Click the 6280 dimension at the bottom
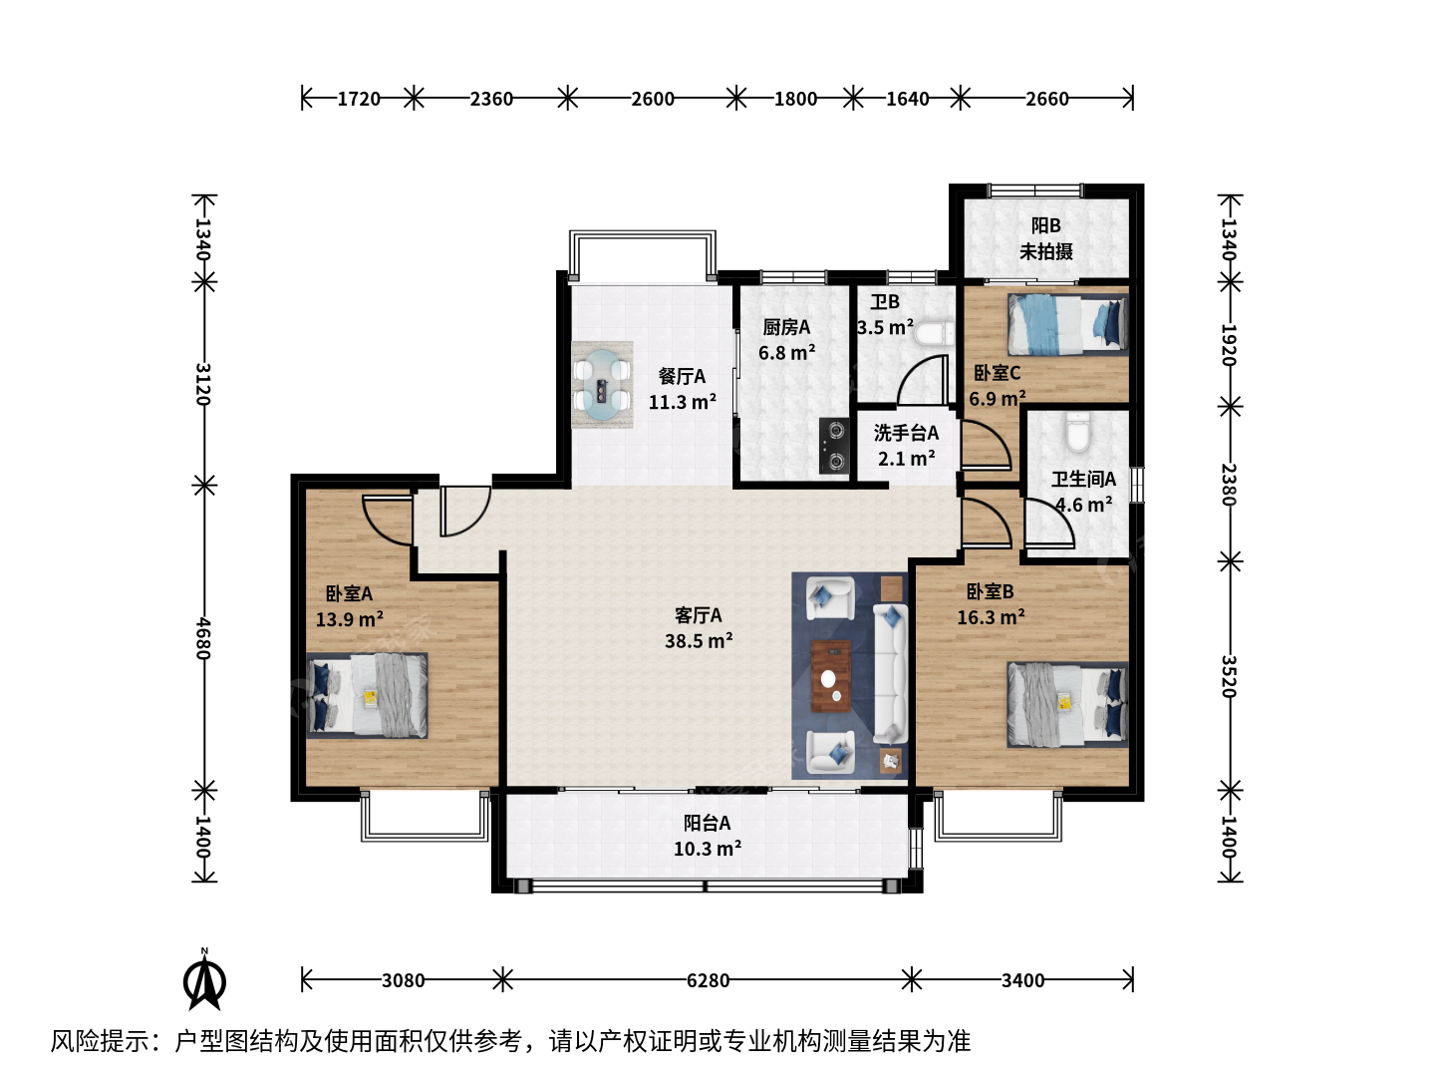click(x=708, y=980)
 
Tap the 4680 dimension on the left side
click(x=204, y=638)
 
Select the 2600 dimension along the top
click(x=653, y=99)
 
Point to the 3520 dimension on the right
click(x=1229, y=676)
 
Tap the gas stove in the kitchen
click(x=834, y=446)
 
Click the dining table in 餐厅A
click(x=602, y=385)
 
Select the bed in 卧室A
click(x=368, y=695)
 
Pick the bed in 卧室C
click(x=1068, y=324)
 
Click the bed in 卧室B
click(x=1068, y=704)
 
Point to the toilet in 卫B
click(x=934, y=333)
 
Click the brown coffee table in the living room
click(x=830, y=676)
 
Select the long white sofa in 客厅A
click(x=891, y=673)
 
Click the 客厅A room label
click(x=699, y=615)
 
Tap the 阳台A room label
click(x=708, y=823)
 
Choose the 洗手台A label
click(x=906, y=433)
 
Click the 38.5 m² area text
click(x=699, y=641)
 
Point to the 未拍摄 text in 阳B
click(x=1046, y=251)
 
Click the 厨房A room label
click(x=786, y=327)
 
